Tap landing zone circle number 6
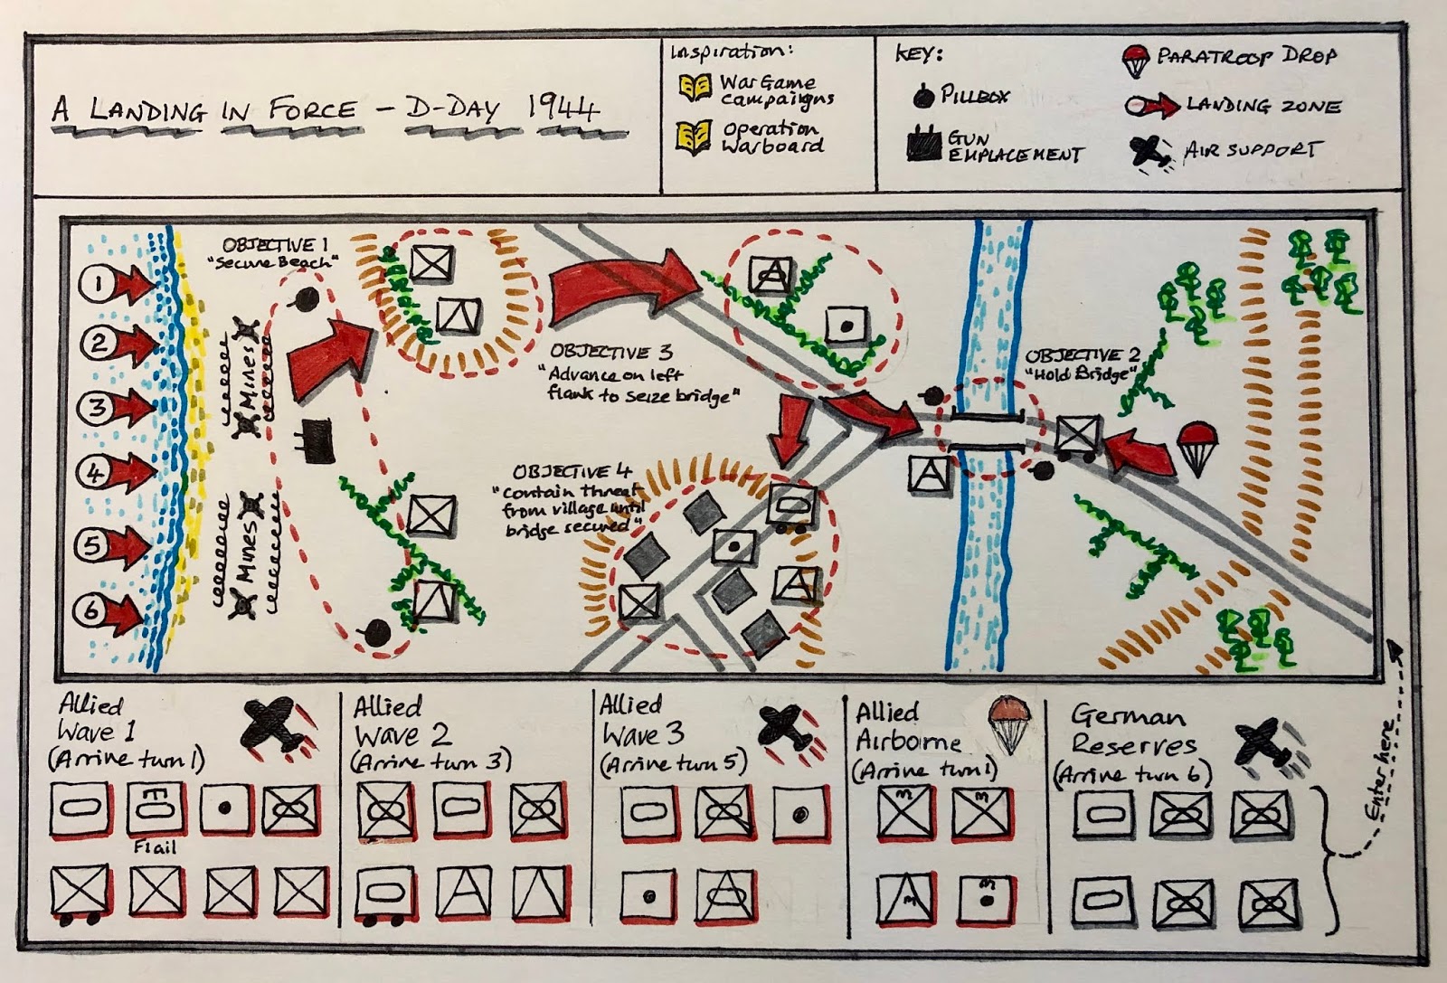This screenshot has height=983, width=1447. pyautogui.click(x=91, y=610)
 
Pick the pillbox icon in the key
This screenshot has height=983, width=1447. pyautogui.click(x=922, y=96)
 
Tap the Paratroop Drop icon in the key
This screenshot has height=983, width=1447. pyautogui.click(x=1135, y=60)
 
